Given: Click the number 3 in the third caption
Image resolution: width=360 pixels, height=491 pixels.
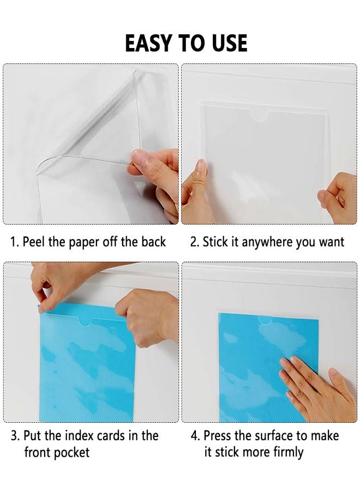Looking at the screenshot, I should (x=14, y=436).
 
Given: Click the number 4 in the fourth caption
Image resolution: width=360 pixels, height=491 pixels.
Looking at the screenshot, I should (x=194, y=436).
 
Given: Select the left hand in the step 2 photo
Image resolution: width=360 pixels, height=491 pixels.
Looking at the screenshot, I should (x=196, y=194).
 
